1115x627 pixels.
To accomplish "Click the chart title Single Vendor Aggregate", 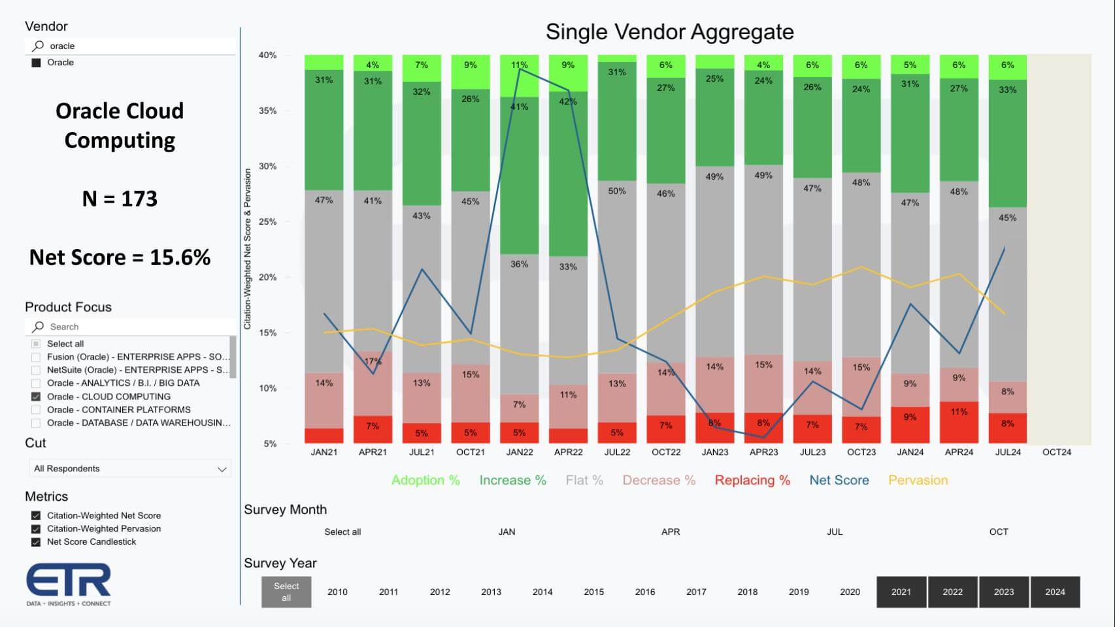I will [x=669, y=32].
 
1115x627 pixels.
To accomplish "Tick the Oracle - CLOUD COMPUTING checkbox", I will [x=36, y=397].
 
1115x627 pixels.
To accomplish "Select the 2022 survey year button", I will [x=952, y=592].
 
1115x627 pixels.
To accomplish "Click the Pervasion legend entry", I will [x=918, y=481].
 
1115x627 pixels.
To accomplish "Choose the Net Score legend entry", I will [x=839, y=481].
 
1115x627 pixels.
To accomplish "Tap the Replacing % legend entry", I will [x=752, y=481].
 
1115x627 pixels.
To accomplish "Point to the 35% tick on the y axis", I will [x=267, y=111].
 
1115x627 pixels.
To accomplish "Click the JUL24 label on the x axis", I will [x=1008, y=452].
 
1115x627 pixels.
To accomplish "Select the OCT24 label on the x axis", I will [x=1057, y=452].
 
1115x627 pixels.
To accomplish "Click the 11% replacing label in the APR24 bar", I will [x=959, y=412].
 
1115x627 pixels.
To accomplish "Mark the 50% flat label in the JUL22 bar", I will [x=617, y=192].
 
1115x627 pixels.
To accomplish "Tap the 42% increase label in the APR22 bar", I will [x=568, y=102].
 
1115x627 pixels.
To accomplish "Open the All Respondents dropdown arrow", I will [x=222, y=469].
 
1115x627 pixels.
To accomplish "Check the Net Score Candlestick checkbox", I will [x=36, y=542].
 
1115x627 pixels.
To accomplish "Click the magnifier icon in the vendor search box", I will [x=38, y=46].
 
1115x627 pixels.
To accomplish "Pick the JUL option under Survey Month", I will [x=835, y=532].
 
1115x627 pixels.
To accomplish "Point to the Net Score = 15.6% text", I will [x=120, y=258].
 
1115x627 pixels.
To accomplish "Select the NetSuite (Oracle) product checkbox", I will [x=36, y=370].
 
